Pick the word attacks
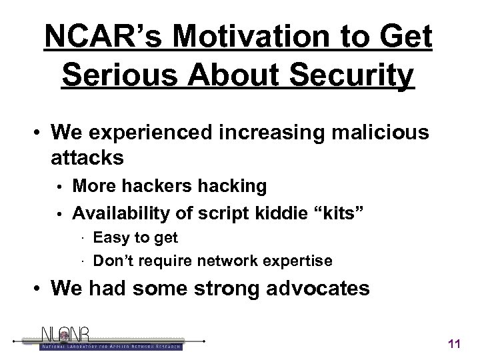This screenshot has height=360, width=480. click(x=86, y=159)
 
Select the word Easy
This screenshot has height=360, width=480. click(x=109, y=237)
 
